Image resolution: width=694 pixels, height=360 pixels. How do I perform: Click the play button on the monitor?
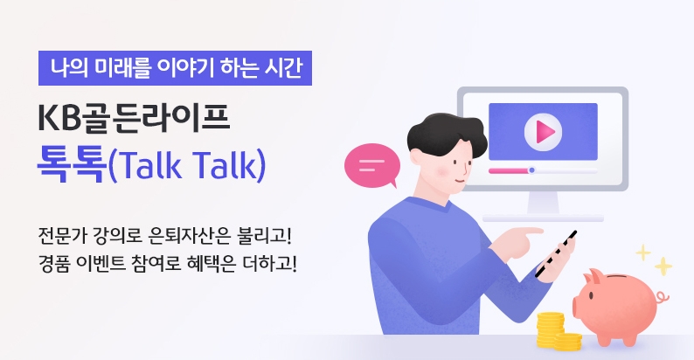point(542,132)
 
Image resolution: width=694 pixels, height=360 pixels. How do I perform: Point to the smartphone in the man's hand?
point(556,255)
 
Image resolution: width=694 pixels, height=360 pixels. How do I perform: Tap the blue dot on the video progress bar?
point(531,170)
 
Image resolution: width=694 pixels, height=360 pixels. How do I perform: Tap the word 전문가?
point(62,236)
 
